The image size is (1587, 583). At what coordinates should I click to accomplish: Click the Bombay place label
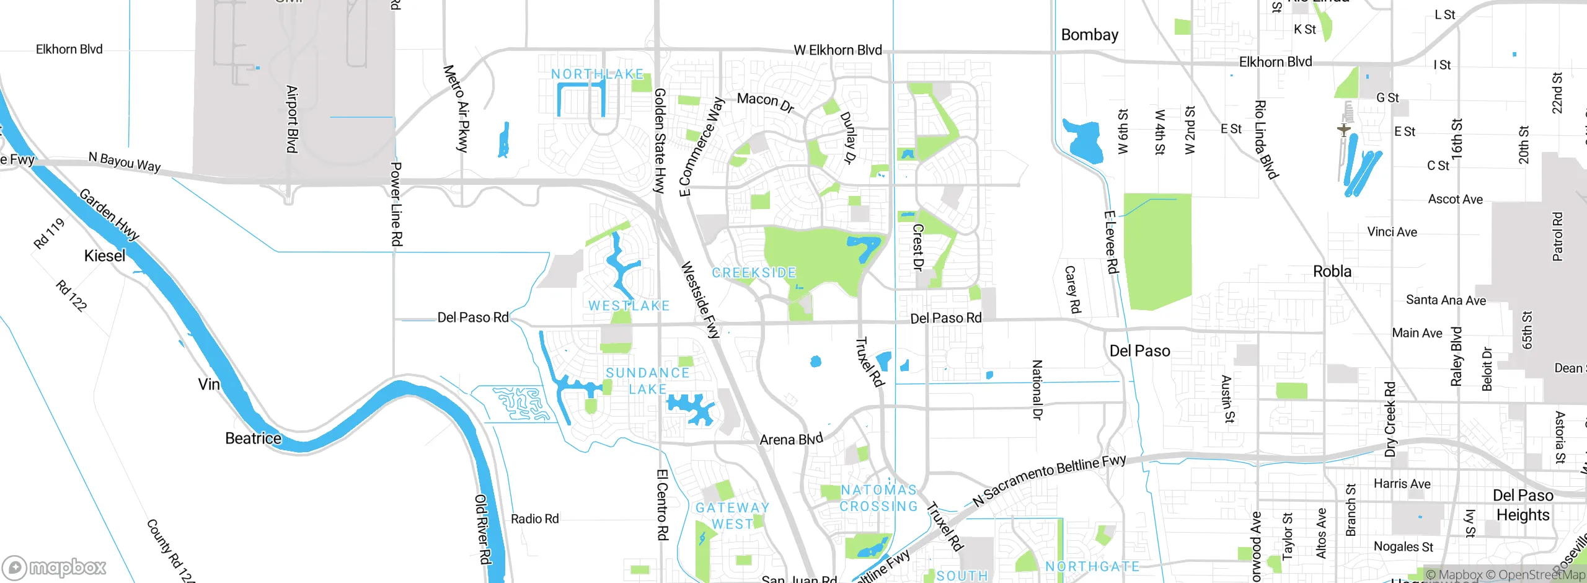click(1089, 35)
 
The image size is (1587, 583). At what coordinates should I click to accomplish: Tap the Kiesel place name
click(104, 256)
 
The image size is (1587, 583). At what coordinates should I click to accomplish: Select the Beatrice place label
click(253, 438)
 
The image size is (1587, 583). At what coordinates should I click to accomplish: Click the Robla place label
click(1332, 272)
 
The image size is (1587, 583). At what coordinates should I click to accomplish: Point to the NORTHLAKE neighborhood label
click(598, 74)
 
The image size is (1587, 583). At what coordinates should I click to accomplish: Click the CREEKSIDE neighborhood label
click(754, 273)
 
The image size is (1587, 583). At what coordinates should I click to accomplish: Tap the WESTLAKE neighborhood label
click(629, 306)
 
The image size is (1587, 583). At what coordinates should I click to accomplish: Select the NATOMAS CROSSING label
click(878, 498)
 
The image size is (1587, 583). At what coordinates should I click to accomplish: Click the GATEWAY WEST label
click(732, 516)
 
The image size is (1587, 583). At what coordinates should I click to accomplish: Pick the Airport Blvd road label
click(292, 119)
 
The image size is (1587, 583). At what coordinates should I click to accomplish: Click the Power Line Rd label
click(396, 205)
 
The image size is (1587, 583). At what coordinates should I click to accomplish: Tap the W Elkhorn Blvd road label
click(838, 50)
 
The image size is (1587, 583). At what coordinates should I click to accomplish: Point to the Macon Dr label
click(766, 102)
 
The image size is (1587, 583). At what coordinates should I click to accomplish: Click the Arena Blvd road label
click(791, 439)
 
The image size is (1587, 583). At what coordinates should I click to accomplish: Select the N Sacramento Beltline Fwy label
click(1049, 480)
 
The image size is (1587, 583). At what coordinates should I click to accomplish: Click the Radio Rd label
click(534, 519)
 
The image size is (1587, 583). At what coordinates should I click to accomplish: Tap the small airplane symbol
click(1343, 130)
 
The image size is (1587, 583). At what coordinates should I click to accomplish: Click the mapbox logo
click(55, 567)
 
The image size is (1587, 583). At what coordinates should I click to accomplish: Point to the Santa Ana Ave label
click(1446, 300)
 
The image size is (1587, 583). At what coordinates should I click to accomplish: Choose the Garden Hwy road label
click(110, 215)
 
